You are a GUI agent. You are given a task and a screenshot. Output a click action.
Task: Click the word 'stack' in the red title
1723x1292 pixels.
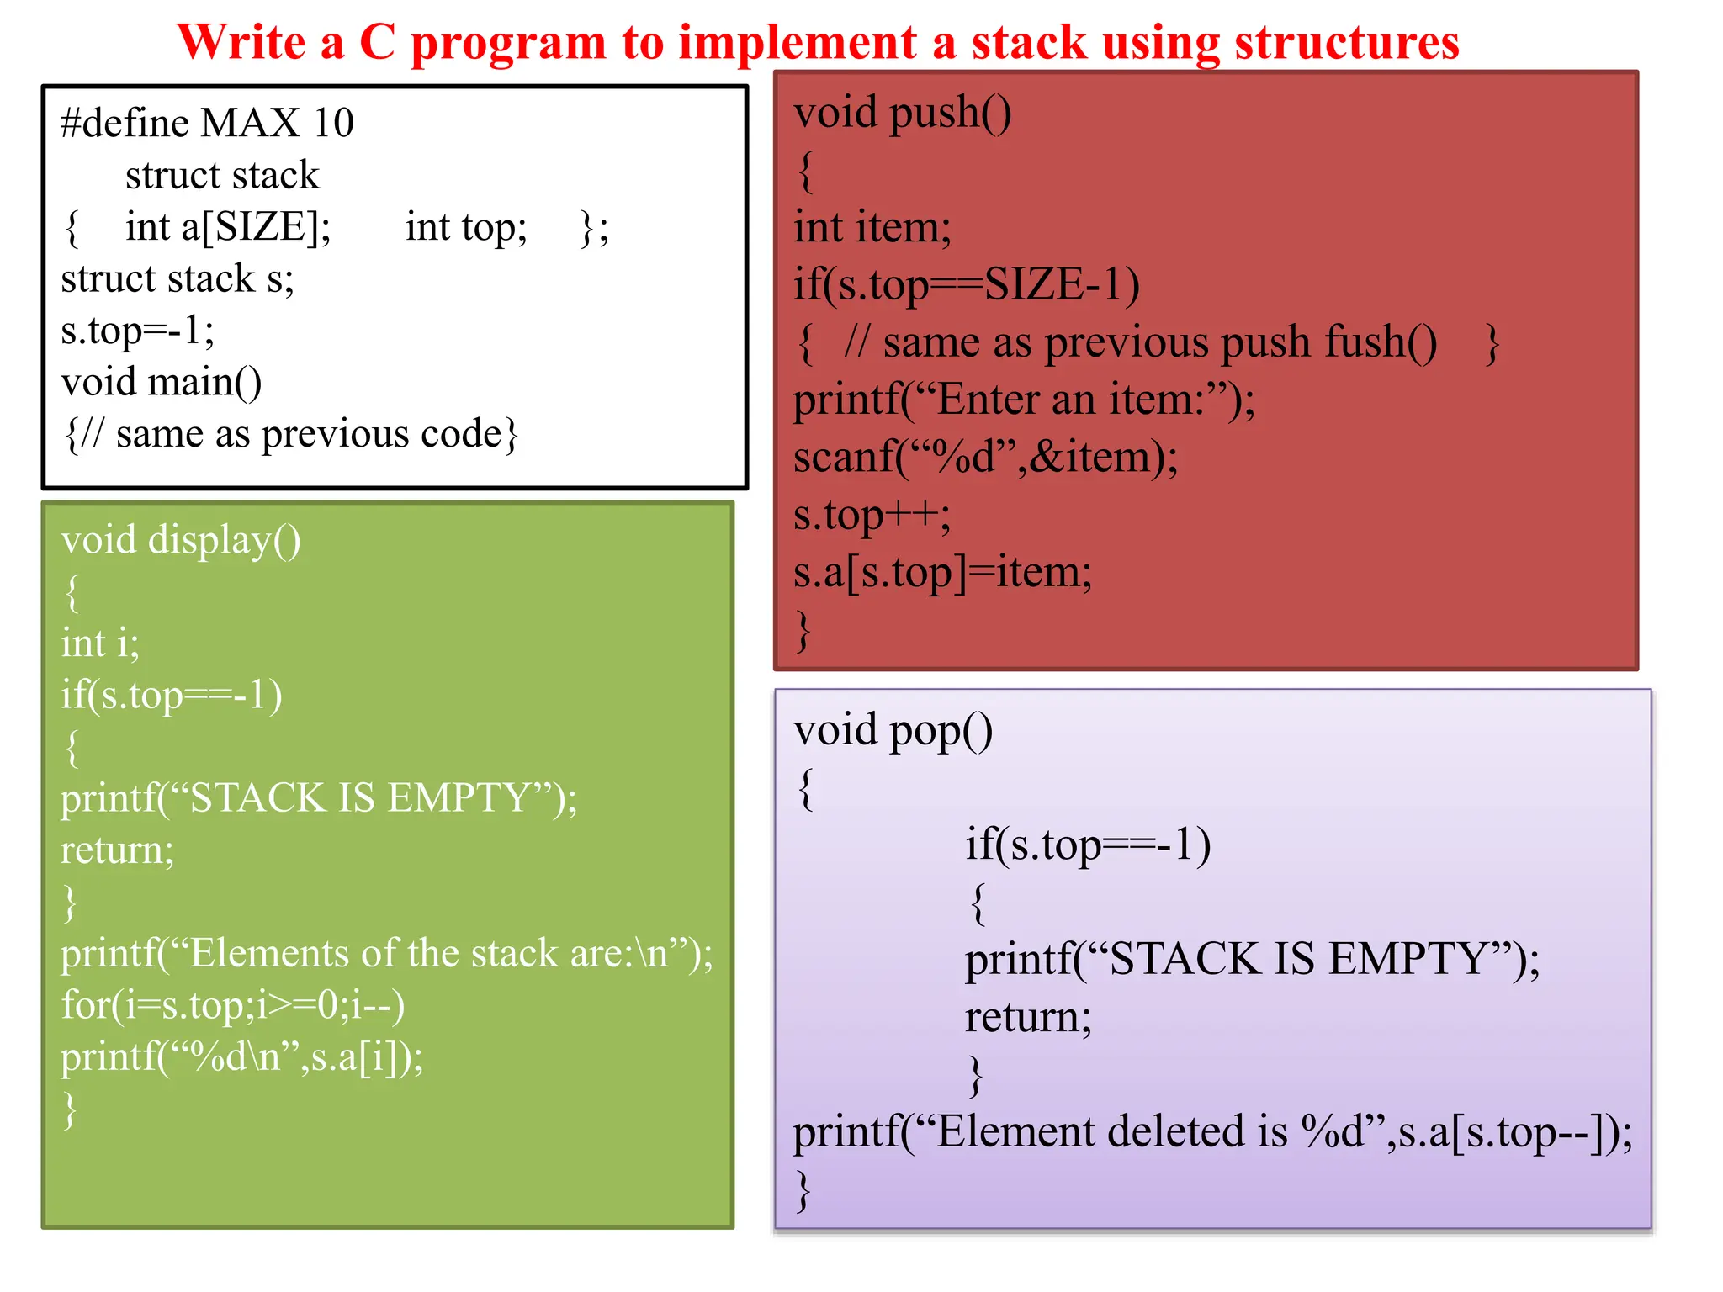(x=1029, y=42)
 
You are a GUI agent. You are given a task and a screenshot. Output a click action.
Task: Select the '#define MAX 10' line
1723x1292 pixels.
(x=207, y=123)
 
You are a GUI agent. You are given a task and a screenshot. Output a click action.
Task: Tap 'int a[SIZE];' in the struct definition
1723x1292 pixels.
(x=228, y=227)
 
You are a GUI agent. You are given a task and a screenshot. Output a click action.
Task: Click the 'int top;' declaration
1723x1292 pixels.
(x=466, y=227)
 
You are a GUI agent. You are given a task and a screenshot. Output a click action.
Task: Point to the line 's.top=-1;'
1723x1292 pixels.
(x=137, y=331)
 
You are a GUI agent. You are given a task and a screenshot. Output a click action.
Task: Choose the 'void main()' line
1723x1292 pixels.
(x=162, y=382)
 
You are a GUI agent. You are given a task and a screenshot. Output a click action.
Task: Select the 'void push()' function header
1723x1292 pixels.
(x=902, y=113)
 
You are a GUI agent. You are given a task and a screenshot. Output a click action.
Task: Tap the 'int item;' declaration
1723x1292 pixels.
(x=872, y=228)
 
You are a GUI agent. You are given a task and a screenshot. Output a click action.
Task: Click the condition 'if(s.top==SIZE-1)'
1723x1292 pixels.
(x=967, y=285)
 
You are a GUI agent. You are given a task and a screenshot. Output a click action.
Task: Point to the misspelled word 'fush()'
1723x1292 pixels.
(x=1381, y=342)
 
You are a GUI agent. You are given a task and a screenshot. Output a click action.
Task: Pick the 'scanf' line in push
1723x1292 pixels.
(x=985, y=458)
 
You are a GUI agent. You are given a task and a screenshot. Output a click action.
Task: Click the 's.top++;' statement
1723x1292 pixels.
(x=872, y=515)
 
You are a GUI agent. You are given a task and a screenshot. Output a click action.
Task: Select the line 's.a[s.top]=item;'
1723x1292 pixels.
(x=942, y=573)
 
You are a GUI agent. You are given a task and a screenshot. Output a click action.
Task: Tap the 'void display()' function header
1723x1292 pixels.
(x=180, y=540)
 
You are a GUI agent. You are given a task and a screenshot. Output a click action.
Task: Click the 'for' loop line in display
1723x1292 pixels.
(x=232, y=1005)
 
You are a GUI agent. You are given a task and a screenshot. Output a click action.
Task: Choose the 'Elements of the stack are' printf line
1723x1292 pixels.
(x=386, y=954)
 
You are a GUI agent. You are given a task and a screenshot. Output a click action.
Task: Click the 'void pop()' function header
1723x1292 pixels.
(x=893, y=730)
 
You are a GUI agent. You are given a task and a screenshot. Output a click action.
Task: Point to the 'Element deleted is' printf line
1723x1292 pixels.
(x=1212, y=1132)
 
